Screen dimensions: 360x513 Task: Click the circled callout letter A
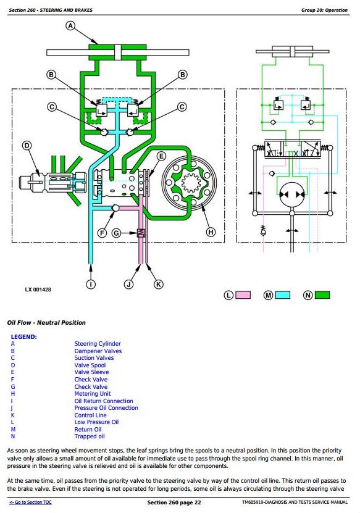[70, 25]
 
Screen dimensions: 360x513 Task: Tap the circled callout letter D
[27, 146]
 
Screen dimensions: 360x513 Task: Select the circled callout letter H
[211, 232]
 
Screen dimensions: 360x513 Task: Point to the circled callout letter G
[116, 233]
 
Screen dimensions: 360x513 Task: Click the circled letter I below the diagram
[91, 285]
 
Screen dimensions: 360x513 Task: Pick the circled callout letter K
[159, 285]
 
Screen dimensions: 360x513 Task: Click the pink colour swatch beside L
[243, 295]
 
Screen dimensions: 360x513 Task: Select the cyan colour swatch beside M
[283, 295]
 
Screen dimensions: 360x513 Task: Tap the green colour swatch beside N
[322, 295]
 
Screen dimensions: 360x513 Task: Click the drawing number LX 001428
[38, 290]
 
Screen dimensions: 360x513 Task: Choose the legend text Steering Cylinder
[98, 344]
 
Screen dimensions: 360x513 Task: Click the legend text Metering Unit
[93, 394]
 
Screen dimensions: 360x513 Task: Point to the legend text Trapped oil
[90, 436]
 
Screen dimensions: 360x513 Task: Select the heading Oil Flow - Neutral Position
[46, 323]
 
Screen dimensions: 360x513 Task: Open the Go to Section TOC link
[30, 503]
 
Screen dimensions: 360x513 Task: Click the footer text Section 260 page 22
[174, 503]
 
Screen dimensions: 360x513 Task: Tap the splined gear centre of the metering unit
[189, 183]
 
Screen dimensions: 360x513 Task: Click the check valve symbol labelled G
[141, 233]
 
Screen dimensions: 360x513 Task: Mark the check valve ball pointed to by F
[115, 208]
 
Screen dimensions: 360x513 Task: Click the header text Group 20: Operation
[324, 10]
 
